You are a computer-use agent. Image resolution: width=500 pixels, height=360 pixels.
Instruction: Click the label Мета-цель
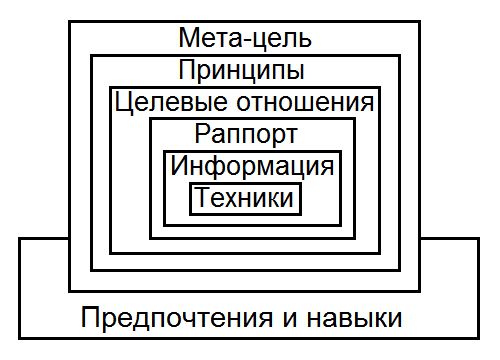tap(245, 39)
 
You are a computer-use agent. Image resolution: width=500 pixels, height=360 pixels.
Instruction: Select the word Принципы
tap(241, 71)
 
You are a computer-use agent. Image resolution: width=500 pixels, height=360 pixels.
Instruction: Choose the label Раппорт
tap(247, 134)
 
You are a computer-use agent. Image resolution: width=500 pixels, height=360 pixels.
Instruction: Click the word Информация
tap(251, 166)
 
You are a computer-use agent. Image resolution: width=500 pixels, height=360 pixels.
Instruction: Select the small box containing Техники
tap(245, 198)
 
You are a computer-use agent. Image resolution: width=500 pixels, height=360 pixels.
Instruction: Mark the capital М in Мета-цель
tap(190, 39)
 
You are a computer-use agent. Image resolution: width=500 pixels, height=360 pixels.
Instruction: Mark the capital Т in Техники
tap(204, 198)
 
